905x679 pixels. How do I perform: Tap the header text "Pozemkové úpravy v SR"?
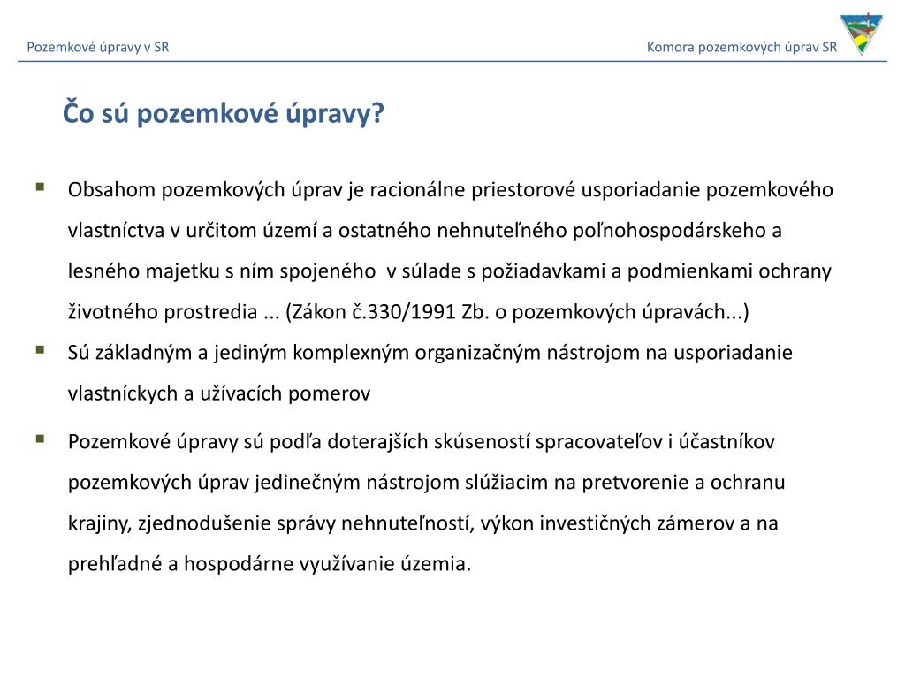click(97, 47)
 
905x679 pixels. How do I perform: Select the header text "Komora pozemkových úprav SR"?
click(741, 47)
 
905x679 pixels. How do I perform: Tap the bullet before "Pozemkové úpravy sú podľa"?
click(41, 438)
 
